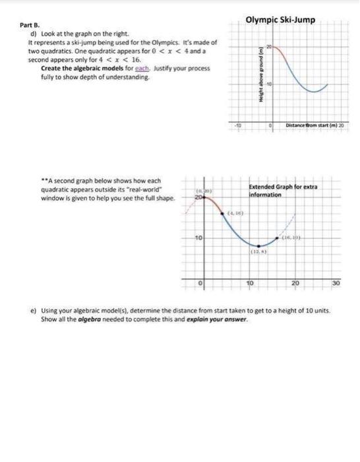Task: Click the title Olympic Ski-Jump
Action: (x=280, y=20)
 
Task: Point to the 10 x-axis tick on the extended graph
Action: (x=251, y=283)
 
